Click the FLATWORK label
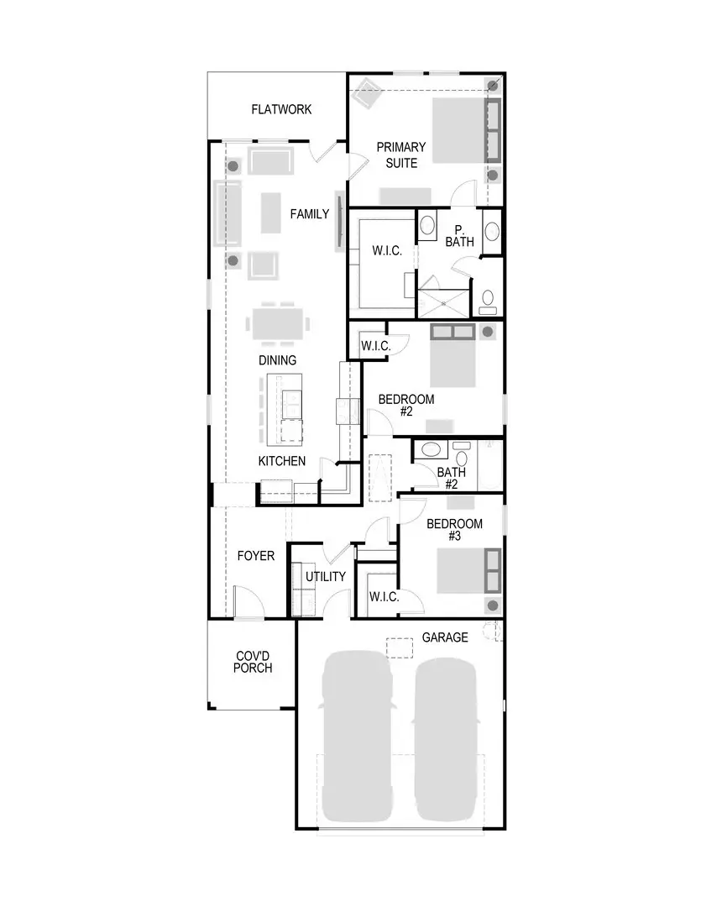[281, 109]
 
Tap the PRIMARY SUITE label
[400, 155]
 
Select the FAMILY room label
[309, 214]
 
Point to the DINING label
[277, 360]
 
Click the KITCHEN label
[281, 461]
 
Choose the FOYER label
[255, 555]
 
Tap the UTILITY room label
[326, 576]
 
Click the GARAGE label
[444, 637]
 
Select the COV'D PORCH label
[254, 662]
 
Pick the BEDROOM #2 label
[405, 406]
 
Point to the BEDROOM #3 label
[454, 530]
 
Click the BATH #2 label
[451, 479]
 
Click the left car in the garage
[358, 736]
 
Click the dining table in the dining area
[278, 323]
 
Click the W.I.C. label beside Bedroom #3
[384, 597]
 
